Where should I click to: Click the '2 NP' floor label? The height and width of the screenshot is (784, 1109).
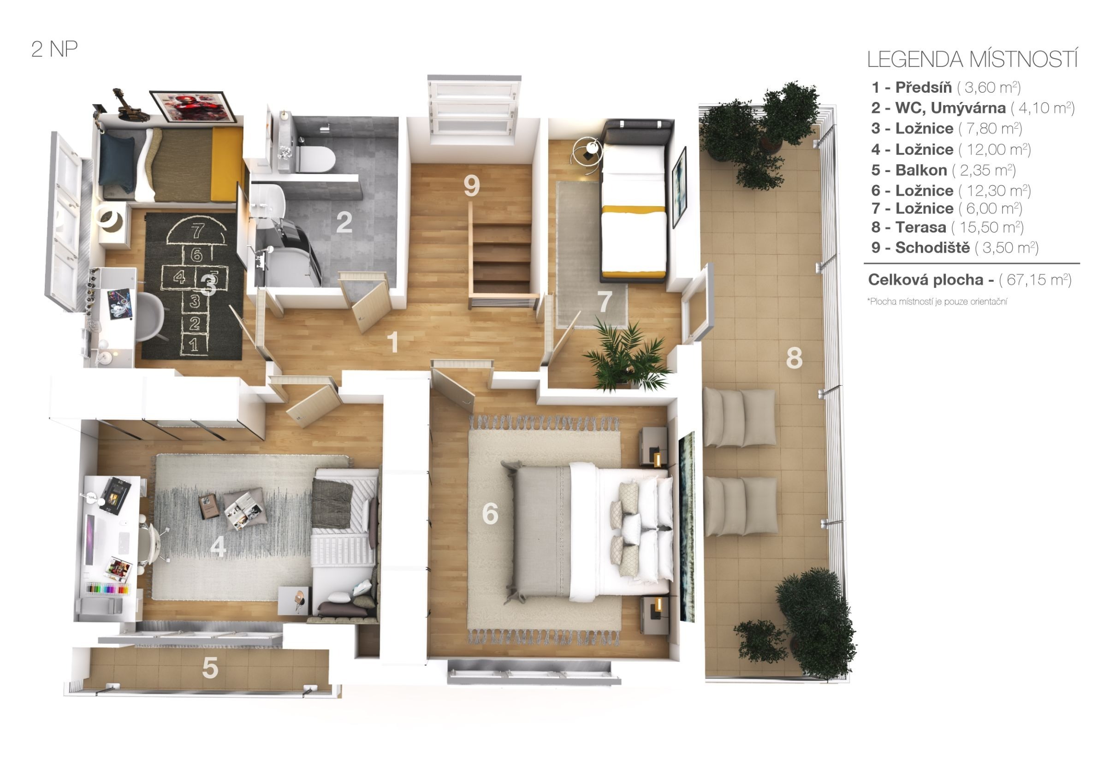(54, 49)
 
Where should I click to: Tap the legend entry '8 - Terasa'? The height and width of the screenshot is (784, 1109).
(908, 227)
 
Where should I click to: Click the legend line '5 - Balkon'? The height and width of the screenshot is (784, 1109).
(908, 170)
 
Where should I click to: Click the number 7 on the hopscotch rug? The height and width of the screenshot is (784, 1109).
(197, 231)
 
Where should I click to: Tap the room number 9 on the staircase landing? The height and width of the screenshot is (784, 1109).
(471, 185)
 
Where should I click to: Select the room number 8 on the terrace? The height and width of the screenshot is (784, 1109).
(794, 358)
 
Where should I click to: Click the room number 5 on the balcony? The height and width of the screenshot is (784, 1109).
(210, 668)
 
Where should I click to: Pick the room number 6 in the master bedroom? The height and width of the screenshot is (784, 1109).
(490, 513)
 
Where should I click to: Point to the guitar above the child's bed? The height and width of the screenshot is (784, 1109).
(129, 104)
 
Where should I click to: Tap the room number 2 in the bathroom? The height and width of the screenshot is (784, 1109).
(344, 222)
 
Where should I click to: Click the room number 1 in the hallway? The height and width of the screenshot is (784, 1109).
(394, 342)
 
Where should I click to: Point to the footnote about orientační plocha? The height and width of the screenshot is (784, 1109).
(937, 302)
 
